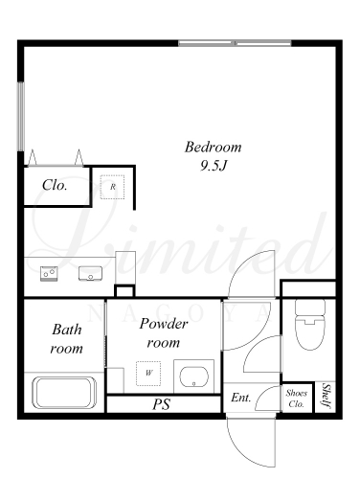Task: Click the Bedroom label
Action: point(213,148)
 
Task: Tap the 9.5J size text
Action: point(214,166)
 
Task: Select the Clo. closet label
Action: point(55,185)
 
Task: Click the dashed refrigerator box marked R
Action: point(112,187)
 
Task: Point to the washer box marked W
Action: point(148,373)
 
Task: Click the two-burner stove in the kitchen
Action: point(49,274)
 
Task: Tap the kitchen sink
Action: point(90,273)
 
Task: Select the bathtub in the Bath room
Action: point(64,393)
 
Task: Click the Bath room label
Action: point(67,339)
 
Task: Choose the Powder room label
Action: point(164,333)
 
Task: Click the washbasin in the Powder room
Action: point(193,376)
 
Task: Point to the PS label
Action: point(161,404)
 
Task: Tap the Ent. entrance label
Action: point(241,398)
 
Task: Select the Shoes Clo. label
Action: point(297,399)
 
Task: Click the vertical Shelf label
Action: point(326,396)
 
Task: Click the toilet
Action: point(309,325)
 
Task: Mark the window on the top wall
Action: point(235,43)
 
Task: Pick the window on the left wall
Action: point(21,117)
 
